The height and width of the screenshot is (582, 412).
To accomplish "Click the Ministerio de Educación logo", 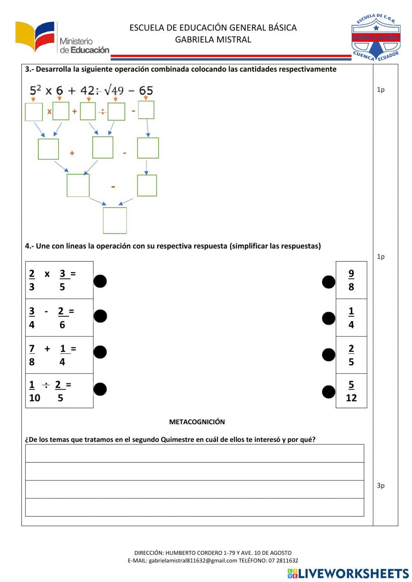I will coord(62,38).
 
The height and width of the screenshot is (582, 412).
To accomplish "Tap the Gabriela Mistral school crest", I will coord(375,37).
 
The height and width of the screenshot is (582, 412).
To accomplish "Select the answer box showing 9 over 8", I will coord(351,280).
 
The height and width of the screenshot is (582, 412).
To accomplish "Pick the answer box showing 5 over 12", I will coord(351,391).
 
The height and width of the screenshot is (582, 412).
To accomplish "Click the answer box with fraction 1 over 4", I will coord(351,318).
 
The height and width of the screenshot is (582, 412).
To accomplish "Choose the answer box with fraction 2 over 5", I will coord(351,355).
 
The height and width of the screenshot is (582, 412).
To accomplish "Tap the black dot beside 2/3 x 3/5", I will coord(100,281).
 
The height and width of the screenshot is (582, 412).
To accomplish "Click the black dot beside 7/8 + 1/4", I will coord(100,352).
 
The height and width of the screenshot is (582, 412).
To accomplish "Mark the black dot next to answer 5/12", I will coord(328,392).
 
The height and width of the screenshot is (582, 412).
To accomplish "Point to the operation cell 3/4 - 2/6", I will coord(59,318).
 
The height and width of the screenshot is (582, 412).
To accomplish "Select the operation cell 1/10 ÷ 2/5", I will coord(59,391).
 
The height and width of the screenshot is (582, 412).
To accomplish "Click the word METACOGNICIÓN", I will coord(197,422).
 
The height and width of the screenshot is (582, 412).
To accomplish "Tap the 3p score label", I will coord(381,486).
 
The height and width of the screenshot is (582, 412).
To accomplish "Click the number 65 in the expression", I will coord(146,90).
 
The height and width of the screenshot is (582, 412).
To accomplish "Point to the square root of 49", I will coord(114,90).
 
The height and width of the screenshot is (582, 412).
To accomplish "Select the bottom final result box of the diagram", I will coord(115,220).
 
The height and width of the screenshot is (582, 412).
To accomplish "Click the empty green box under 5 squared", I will coord(34,112).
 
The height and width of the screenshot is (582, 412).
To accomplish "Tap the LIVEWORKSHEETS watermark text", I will coord(353,573).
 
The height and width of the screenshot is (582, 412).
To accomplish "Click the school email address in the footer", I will coord(193,561).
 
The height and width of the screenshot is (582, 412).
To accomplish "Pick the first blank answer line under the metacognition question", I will coord(194,453).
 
